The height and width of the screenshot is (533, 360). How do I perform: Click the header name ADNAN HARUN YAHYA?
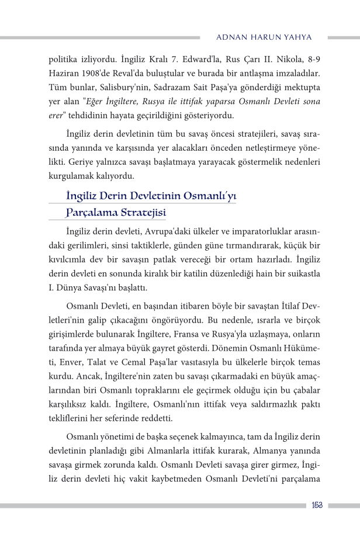(264, 37)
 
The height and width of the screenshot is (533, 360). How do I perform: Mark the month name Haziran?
(64, 74)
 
